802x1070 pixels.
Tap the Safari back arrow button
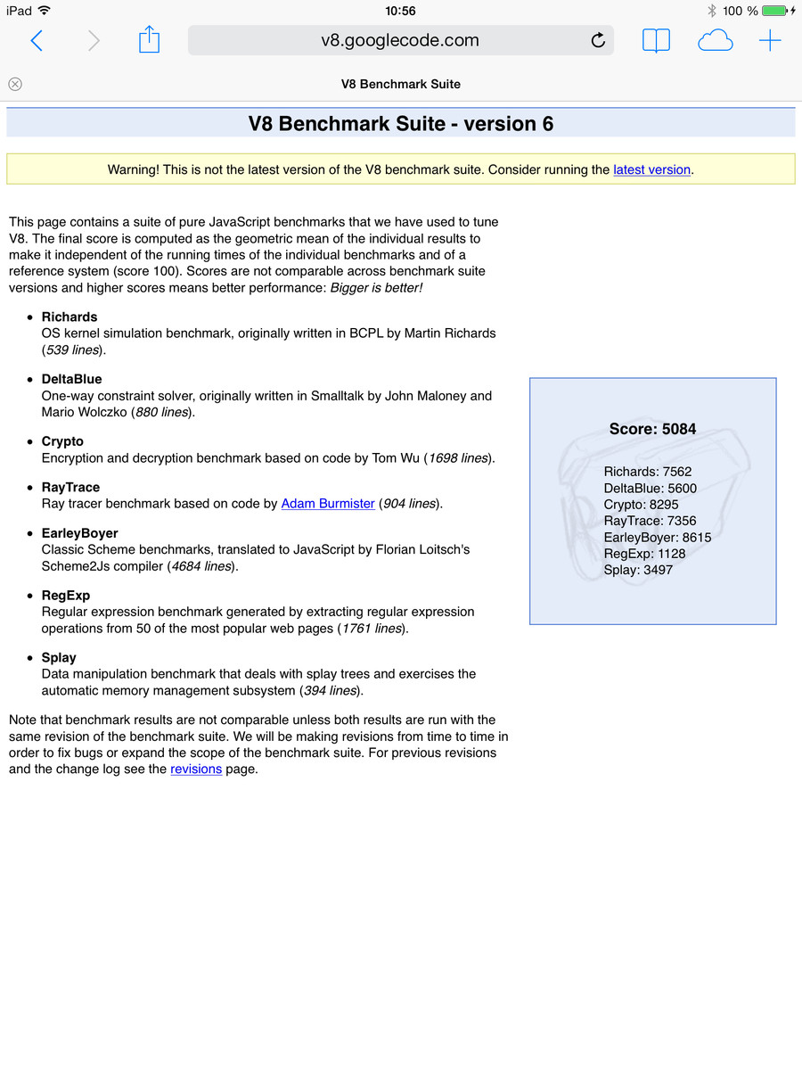click(37, 40)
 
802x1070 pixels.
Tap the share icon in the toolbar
click(149, 40)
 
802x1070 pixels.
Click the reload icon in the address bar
click(598, 40)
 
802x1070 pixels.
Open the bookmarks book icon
click(656, 40)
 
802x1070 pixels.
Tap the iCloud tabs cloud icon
click(715, 40)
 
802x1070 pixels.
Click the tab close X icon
click(15, 84)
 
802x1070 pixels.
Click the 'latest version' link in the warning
click(651, 169)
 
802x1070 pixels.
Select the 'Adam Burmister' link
click(328, 504)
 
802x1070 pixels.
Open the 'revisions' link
click(196, 769)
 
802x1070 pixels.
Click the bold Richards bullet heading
click(70, 317)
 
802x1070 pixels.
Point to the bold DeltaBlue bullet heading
click(71, 379)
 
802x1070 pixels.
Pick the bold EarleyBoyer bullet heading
click(79, 533)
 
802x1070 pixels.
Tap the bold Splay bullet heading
click(59, 657)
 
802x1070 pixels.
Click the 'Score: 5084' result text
click(652, 429)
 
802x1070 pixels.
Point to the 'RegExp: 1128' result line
click(644, 553)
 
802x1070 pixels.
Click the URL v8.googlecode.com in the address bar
click(399, 40)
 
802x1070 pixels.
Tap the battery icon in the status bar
click(774, 11)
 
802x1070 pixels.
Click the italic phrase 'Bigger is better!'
click(376, 288)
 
